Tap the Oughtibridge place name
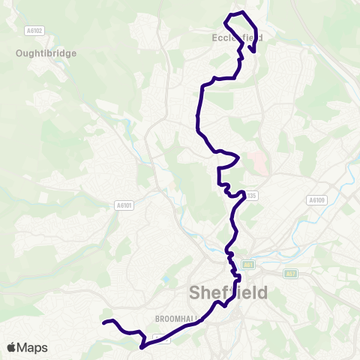[46, 53]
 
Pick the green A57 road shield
[291, 273]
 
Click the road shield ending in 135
[251, 196]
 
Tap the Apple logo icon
[12, 348]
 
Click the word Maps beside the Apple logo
[33, 348]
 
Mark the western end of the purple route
[103, 323]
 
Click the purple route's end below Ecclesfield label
[253, 52]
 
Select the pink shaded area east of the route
[257, 162]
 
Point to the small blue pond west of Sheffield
[165, 280]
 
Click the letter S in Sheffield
[197, 292]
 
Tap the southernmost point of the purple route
[141, 347]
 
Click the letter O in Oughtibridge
[19, 53]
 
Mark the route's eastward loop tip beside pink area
[238, 157]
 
